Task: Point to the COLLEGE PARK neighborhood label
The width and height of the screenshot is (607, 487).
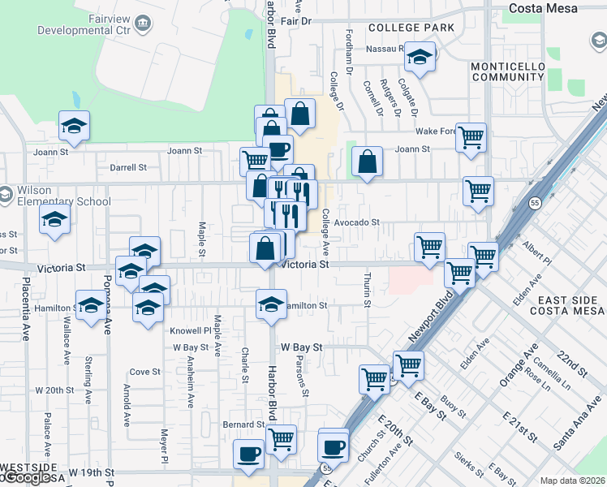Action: [x=411, y=28]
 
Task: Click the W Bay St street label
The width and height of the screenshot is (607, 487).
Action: [x=303, y=347]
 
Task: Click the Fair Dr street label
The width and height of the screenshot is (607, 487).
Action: [x=295, y=21]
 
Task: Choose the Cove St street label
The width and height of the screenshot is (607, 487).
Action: [x=145, y=372]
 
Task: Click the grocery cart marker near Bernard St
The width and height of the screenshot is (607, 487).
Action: [x=281, y=439]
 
